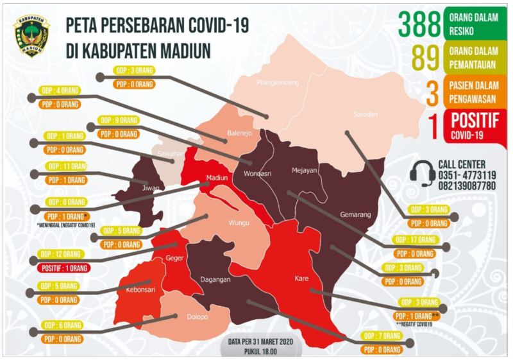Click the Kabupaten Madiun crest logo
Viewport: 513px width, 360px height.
coord(31,36)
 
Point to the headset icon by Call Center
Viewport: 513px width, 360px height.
coord(423,173)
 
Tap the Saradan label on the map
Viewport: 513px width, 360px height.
coord(366,115)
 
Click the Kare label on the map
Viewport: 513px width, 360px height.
coord(301,279)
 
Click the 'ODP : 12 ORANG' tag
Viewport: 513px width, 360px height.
coord(63,254)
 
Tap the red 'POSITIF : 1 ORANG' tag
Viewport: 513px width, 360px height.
coord(63,268)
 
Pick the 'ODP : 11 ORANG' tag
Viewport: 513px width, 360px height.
coord(67,166)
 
